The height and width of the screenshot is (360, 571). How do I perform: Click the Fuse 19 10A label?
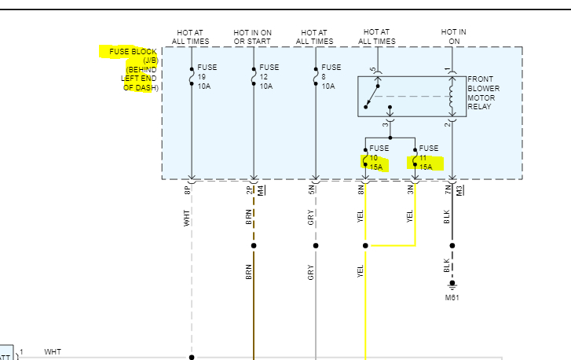(x=207, y=76)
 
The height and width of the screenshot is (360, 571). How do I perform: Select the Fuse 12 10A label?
(x=269, y=76)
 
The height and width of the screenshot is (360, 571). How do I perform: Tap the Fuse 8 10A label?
(x=331, y=76)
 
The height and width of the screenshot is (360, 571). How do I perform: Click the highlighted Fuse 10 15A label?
(x=379, y=157)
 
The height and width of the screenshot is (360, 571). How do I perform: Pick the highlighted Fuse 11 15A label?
(x=428, y=157)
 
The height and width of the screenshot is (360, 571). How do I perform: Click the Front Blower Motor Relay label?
(x=483, y=93)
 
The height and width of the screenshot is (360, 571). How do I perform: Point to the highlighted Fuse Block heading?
(x=130, y=70)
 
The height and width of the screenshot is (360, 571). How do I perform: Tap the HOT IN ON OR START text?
(x=253, y=36)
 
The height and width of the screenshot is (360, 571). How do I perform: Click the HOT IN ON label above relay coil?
(x=454, y=36)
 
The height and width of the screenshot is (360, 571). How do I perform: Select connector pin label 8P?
(x=188, y=189)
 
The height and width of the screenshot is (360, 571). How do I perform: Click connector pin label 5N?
(x=312, y=189)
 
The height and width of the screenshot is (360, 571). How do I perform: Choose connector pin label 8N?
(x=361, y=189)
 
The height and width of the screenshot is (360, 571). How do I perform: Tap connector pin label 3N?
(x=411, y=189)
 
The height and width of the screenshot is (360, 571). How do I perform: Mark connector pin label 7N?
(x=448, y=189)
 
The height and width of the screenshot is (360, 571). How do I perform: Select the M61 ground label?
(x=453, y=297)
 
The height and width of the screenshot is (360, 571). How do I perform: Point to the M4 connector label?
(x=261, y=189)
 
